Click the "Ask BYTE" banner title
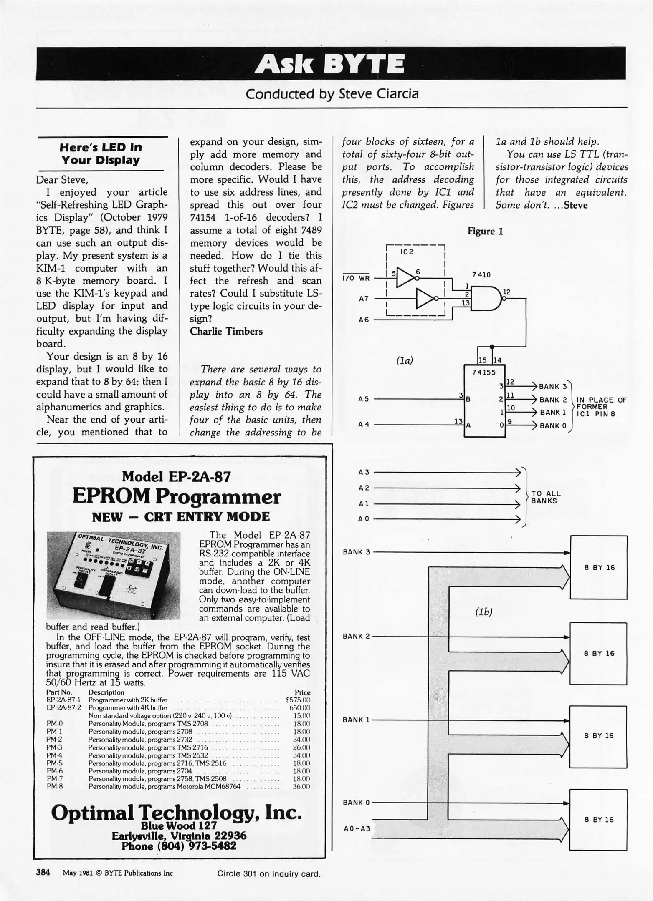pos(332,64)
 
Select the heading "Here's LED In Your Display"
pos(101,154)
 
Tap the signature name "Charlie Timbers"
pos(226,331)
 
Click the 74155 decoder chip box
pos(484,401)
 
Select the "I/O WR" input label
pos(356,278)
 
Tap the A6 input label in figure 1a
pos(364,320)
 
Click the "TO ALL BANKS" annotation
pos(545,497)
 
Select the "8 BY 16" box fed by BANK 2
pos(598,654)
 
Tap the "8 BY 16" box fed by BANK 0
pos(598,820)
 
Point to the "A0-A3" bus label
pos(357,829)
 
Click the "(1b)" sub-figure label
pos(484,612)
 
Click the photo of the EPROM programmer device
pos(113,575)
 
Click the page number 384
pos(43,872)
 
